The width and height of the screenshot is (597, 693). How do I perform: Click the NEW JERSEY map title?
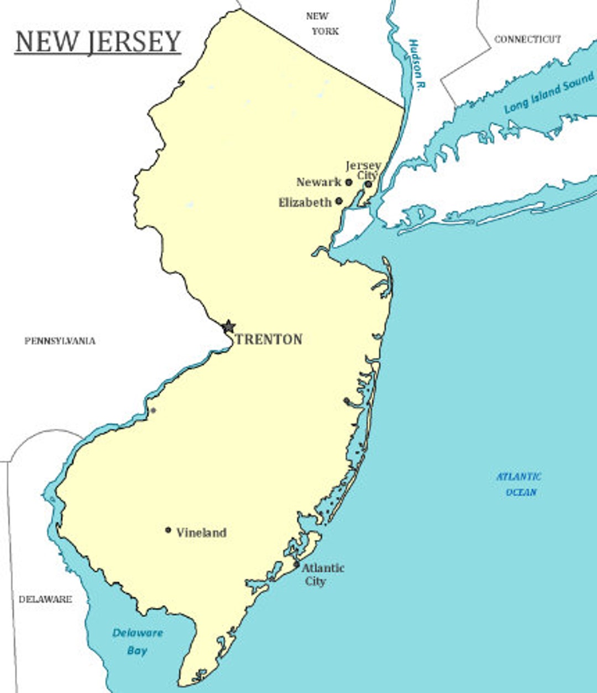[98, 42]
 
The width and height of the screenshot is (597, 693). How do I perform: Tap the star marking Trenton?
[228, 327]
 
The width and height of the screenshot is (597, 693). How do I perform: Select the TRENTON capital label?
[269, 340]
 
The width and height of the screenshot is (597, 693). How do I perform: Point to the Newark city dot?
[349, 182]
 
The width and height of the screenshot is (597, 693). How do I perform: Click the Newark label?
[319, 182]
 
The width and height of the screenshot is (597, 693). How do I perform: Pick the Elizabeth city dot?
[339, 201]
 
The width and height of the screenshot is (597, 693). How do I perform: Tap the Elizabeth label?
[305, 202]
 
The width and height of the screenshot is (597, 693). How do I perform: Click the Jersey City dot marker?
[368, 184]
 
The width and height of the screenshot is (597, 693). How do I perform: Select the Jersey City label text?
[364, 170]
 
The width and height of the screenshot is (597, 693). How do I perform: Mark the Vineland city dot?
[168, 530]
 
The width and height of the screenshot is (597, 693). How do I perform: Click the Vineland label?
[201, 533]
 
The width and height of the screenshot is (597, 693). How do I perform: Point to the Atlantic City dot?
[296, 565]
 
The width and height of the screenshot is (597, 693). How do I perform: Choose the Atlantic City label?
[322, 574]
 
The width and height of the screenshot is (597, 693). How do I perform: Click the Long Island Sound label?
[548, 93]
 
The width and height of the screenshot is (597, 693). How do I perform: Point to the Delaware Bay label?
[137, 642]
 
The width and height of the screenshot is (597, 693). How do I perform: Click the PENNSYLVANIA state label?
[60, 341]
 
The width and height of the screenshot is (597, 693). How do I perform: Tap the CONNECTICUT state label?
[527, 39]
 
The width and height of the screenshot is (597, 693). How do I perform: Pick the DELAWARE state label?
[45, 599]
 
